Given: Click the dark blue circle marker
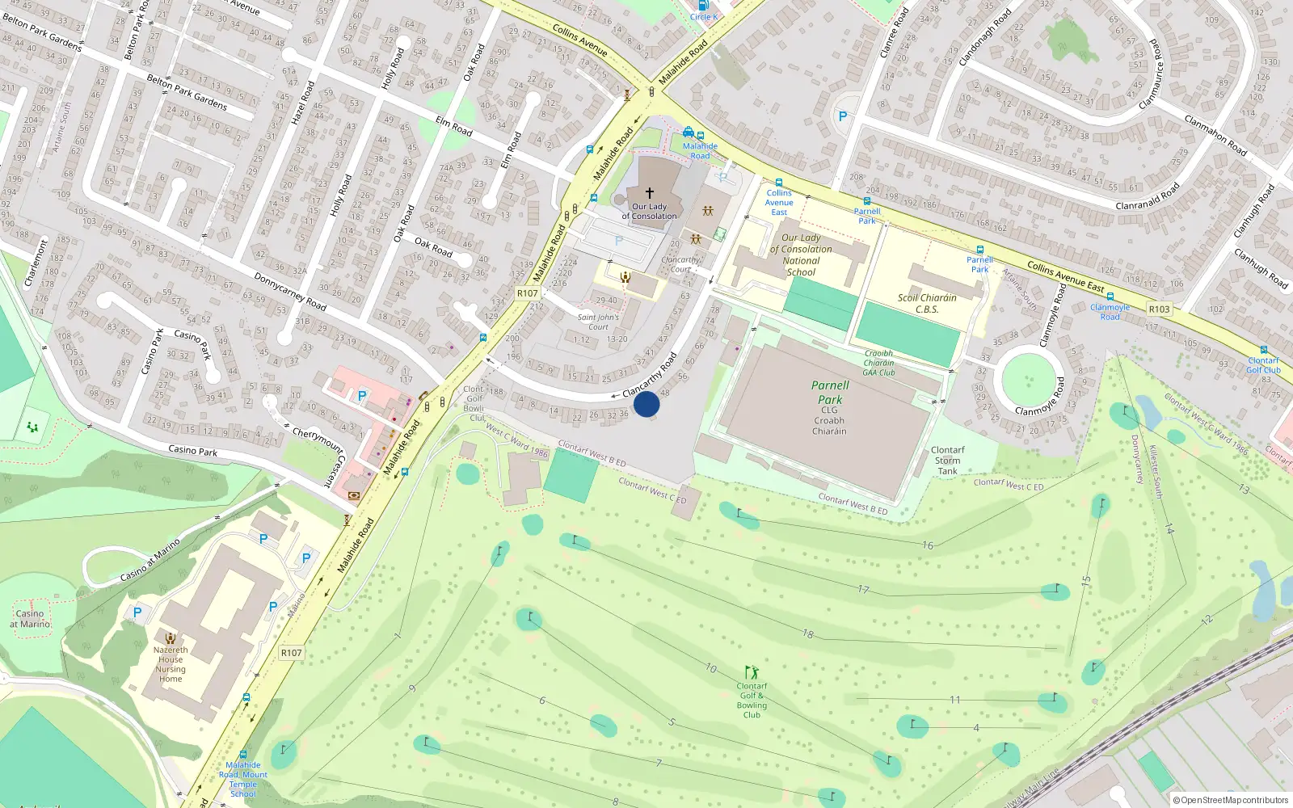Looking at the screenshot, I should click(x=646, y=404).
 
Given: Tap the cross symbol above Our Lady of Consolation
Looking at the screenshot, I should click(x=649, y=193).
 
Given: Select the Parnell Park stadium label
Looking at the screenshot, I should click(x=830, y=393).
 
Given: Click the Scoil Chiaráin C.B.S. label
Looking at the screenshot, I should click(x=927, y=303).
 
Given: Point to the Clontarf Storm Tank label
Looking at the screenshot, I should click(x=947, y=461).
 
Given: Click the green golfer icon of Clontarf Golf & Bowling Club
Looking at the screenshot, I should click(x=752, y=672).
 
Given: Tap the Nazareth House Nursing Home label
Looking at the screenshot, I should click(x=171, y=664).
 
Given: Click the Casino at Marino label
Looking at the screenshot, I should click(x=30, y=619).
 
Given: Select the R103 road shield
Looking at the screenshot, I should click(x=1159, y=309).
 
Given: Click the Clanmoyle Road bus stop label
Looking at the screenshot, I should click(x=1110, y=312).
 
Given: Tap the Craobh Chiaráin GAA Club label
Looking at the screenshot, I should click(x=878, y=363).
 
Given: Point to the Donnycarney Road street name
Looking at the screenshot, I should click(x=289, y=292).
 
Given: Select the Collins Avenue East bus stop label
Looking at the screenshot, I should click(x=779, y=202).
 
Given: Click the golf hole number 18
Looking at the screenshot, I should click(x=808, y=634).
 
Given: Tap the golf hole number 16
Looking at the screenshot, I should click(x=928, y=545).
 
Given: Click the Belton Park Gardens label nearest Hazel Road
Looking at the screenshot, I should click(x=187, y=91).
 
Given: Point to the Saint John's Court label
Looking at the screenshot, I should click(x=598, y=322).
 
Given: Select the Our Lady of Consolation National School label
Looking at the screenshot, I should click(x=801, y=255).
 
